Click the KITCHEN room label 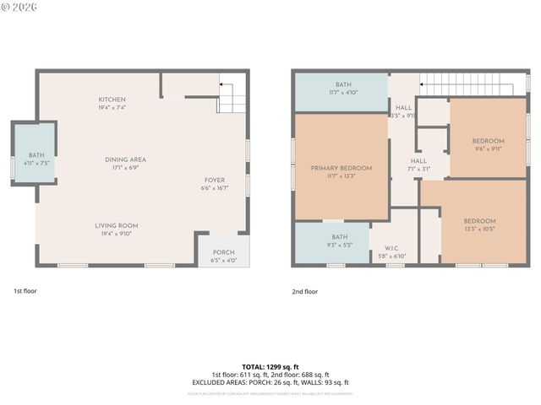(x=112, y=100)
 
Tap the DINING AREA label (x=125, y=159)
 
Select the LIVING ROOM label (x=116, y=225)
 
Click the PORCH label (x=223, y=252)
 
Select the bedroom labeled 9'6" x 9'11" (x=488, y=141)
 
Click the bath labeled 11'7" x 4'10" (x=342, y=84)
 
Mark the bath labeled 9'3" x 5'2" (x=339, y=237)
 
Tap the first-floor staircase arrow (x=227, y=85)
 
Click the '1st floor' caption (x=25, y=290)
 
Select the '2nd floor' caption (x=304, y=290)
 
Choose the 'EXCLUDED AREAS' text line (x=270, y=382)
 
